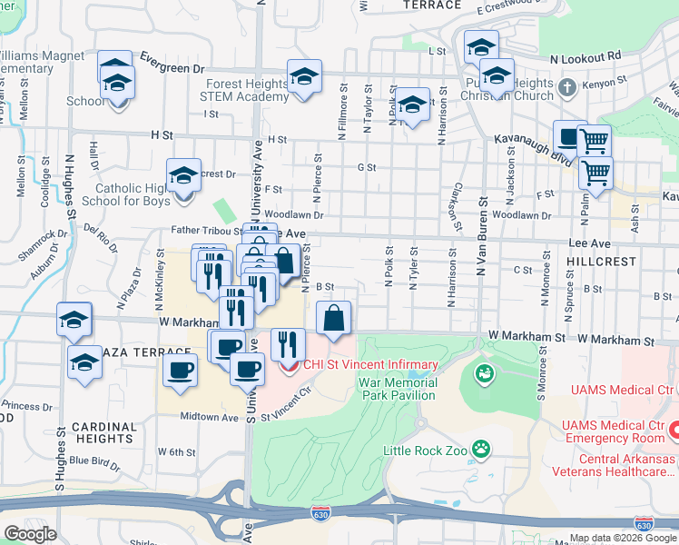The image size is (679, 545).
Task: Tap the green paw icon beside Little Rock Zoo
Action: [x=482, y=448]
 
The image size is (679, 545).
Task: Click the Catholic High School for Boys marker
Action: [x=183, y=175]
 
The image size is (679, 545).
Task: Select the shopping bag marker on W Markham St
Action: [x=334, y=319]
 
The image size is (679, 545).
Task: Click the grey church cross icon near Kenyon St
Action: [x=567, y=89]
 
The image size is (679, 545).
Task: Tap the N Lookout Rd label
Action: [x=586, y=57]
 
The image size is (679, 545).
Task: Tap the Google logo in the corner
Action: [x=30, y=533]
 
